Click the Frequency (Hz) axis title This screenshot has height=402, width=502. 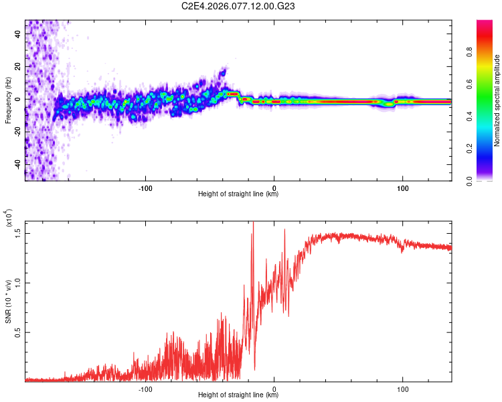9,100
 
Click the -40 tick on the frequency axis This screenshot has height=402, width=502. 16,164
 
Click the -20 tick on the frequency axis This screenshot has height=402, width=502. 16,131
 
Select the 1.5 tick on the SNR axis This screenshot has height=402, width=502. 18,232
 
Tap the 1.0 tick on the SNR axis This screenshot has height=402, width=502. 18,282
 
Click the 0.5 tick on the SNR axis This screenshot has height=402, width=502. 18,332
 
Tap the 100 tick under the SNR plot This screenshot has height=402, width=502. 403,389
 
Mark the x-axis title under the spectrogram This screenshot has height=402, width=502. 239,194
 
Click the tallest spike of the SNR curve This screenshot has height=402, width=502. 253,222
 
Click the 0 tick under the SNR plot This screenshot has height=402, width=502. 274,389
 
